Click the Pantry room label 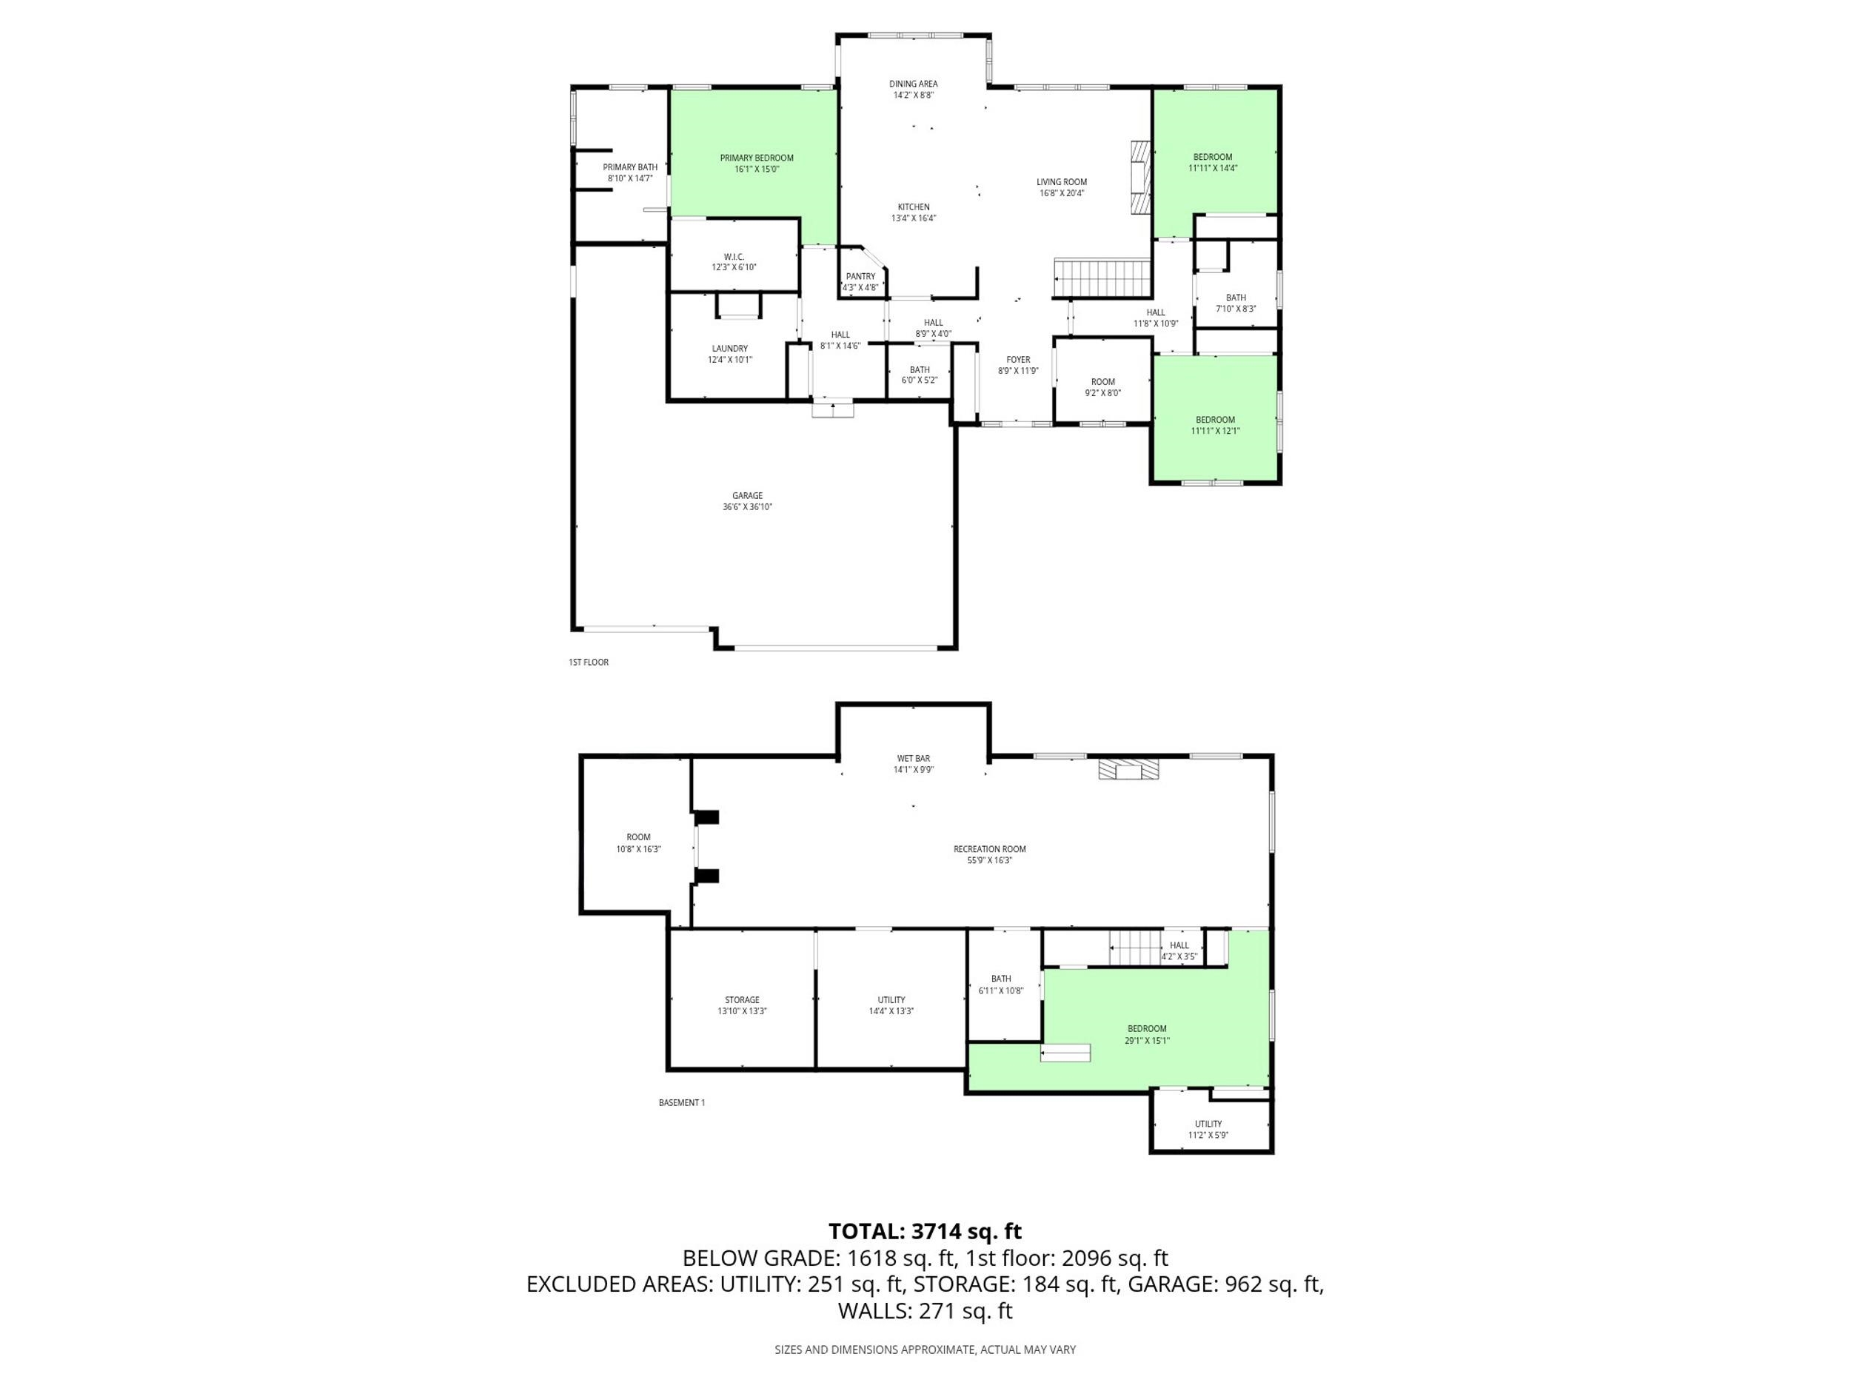pyautogui.click(x=860, y=276)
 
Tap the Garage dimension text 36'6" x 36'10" pyautogui.click(x=747, y=507)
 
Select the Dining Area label pyautogui.click(x=913, y=84)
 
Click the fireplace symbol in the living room pyautogui.click(x=1139, y=178)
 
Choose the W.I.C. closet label pyautogui.click(x=734, y=257)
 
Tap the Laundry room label pyautogui.click(x=730, y=349)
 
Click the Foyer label pyautogui.click(x=1018, y=360)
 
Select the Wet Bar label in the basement pyautogui.click(x=913, y=759)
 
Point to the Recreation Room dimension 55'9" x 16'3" pyautogui.click(x=989, y=860)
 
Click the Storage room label pyautogui.click(x=742, y=1000)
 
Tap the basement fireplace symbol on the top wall pyautogui.click(x=1129, y=770)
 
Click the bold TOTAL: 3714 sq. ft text pyautogui.click(x=925, y=1232)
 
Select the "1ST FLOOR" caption pyautogui.click(x=589, y=663)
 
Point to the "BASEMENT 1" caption pyautogui.click(x=681, y=1103)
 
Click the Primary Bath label pyautogui.click(x=630, y=167)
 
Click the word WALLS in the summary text pyautogui.click(x=874, y=1311)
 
